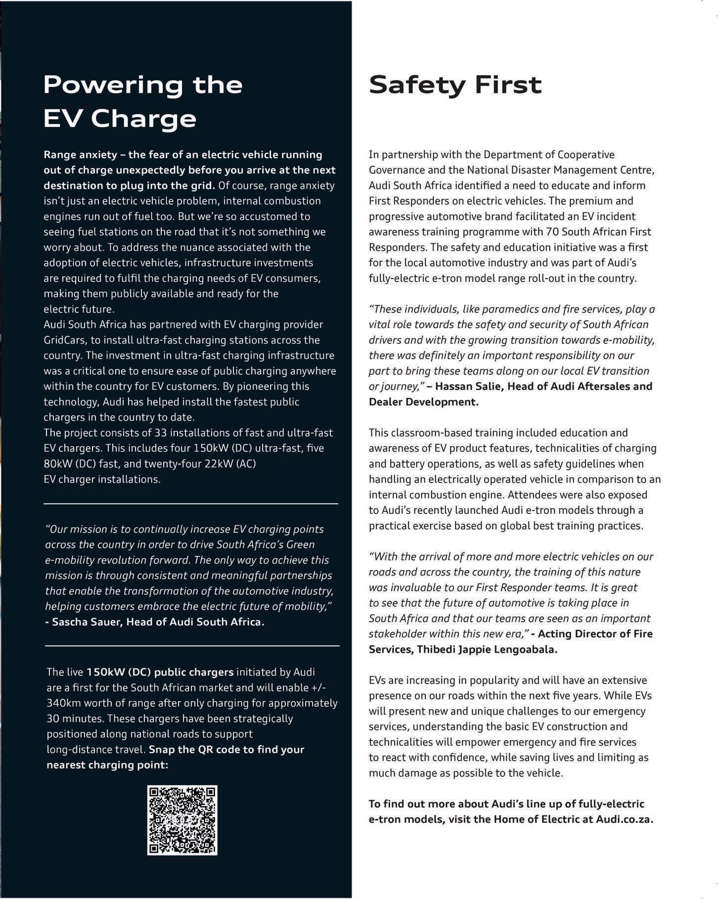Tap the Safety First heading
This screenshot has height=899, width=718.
click(455, 85)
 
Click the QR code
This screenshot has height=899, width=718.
click(182, 820)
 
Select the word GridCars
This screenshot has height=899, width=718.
click(64, 340)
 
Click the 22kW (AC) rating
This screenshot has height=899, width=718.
click(231, 464)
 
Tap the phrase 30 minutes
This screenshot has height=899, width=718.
click(75, 718)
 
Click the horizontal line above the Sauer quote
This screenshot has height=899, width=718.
click(191, 503)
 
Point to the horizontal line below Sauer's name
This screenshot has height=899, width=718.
click(192, 646)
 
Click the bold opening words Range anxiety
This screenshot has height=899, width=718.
click(79, 155)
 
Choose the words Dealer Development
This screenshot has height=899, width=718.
click(423, 402)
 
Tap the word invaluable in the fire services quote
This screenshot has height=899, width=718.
click(415, 587)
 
